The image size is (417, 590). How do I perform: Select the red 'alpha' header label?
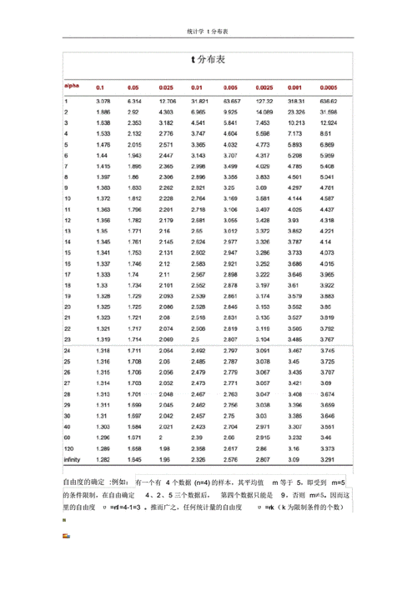pos(72,86)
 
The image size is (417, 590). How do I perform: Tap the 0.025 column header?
pos(165,87)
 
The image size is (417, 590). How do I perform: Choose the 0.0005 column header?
pos(329,87)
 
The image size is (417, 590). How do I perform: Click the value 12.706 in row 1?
pos(166,101)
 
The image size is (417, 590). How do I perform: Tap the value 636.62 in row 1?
pos(329,101)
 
